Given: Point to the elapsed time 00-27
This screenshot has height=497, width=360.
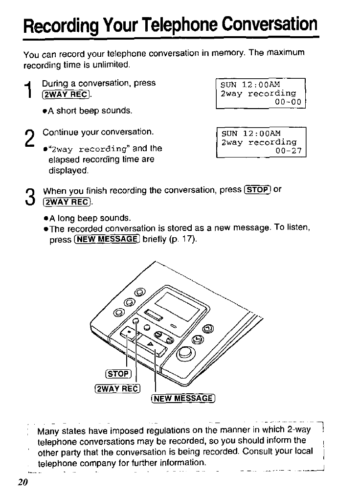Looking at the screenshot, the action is (289, 151).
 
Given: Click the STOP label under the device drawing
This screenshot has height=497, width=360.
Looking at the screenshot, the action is (117, 375).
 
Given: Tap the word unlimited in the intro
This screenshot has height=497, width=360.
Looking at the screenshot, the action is (112, 65).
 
